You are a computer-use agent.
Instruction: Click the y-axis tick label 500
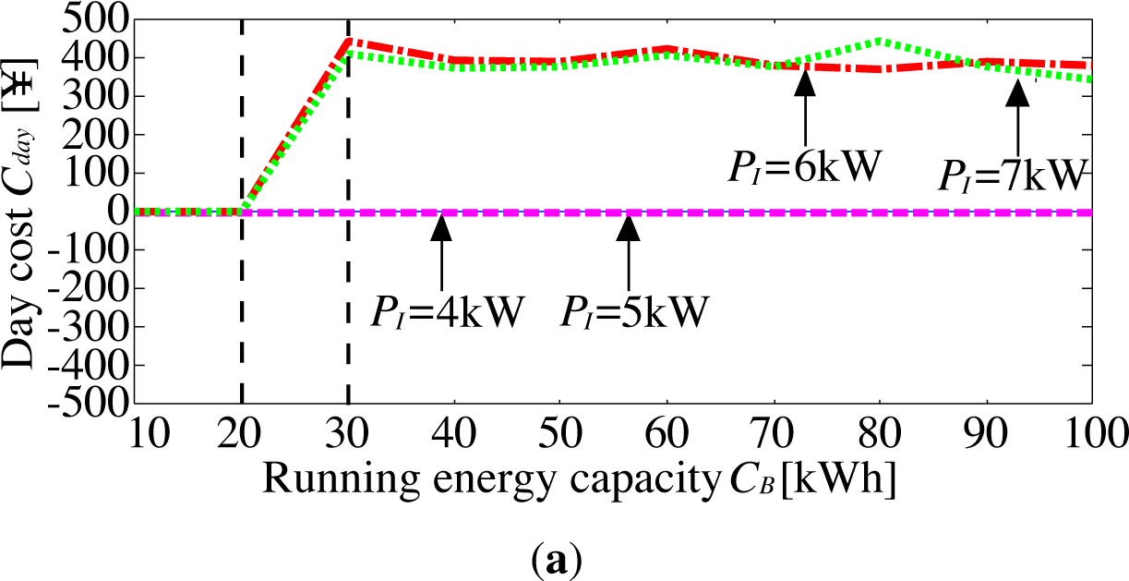tap(95, 19)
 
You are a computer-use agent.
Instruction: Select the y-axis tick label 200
tap(95, 135)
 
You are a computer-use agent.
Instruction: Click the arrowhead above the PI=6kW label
tap(806, 82)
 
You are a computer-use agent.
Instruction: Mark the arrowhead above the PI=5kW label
tap(629, 226)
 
